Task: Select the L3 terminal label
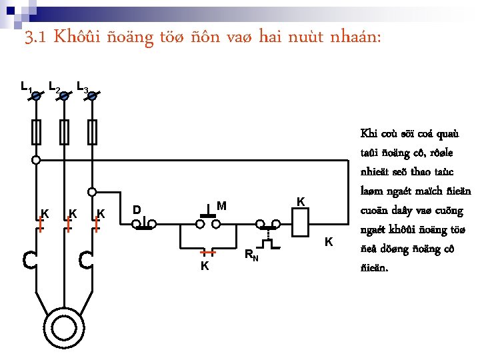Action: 83,87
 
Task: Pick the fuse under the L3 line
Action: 93,131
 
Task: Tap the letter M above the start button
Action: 222,205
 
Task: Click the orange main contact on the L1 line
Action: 40,225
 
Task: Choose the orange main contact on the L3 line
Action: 97,225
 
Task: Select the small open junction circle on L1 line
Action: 36,160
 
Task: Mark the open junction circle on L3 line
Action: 93,190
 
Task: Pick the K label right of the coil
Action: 329,241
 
